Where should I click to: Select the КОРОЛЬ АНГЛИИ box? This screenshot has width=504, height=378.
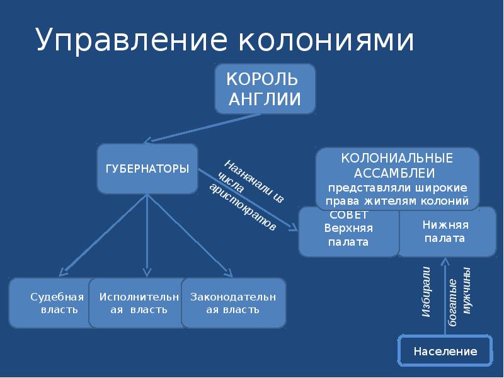(265, 89)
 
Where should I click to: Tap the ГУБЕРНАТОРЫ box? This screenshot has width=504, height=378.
(147, 169)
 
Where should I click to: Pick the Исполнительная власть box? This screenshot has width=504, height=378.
(135, 303)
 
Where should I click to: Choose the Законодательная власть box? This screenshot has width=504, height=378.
(232, 303)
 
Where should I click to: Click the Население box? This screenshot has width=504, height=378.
(445, 351)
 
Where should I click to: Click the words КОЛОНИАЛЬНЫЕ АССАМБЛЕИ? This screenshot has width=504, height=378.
(397, 164)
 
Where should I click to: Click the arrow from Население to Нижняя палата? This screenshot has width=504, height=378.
(445, 296)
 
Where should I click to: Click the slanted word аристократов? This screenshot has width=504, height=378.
(242, 207)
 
